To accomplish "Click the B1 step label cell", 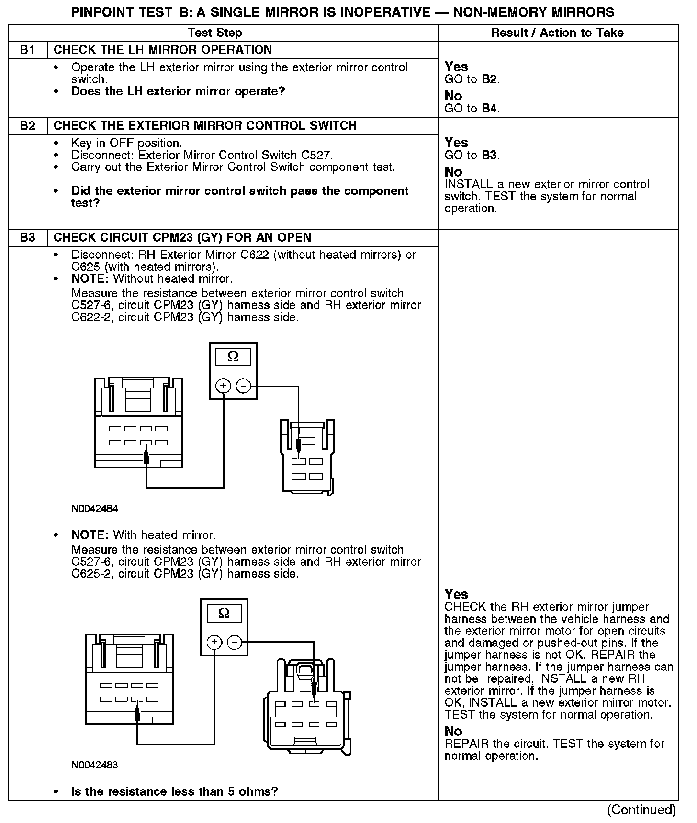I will (28, 50).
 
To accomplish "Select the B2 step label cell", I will (28, 126).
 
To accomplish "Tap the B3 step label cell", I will (28, 238).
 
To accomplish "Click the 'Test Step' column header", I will (214, 33).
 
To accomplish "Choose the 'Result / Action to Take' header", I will (557, 33).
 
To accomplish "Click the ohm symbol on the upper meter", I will (233, 357).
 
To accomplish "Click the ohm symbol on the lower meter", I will (224, 613).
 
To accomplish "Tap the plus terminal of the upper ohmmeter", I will (224, 386).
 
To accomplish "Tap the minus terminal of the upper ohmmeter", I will (244, 386).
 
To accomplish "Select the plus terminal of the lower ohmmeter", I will (214, 642).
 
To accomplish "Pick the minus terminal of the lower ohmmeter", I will (235, 642).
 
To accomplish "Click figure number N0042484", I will (95, 509).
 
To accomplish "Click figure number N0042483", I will (95, 765).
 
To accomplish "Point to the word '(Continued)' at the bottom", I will (641, 810).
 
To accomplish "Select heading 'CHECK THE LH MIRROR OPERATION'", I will (163, 50).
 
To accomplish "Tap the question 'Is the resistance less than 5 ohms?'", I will (175, 791).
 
